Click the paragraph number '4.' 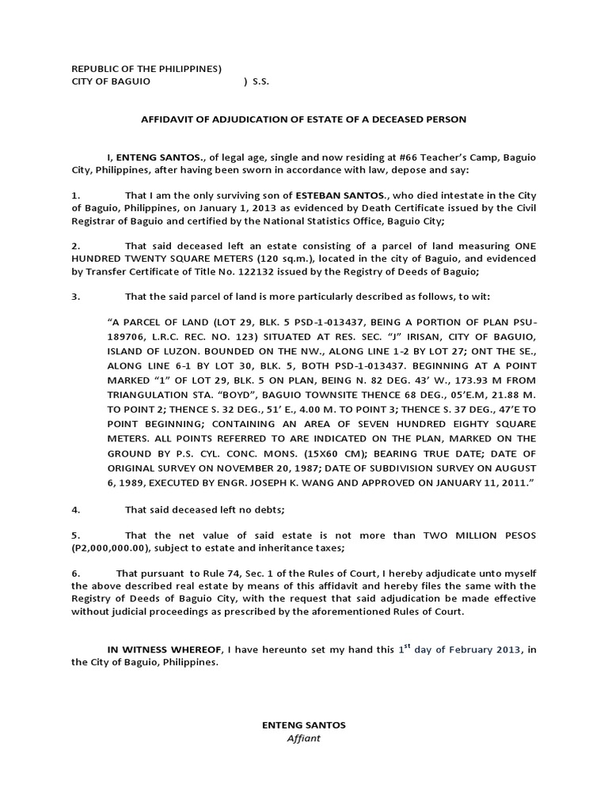pos(76,509)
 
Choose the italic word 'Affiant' pos(303,739)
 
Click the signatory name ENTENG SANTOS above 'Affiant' pos(303,725)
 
